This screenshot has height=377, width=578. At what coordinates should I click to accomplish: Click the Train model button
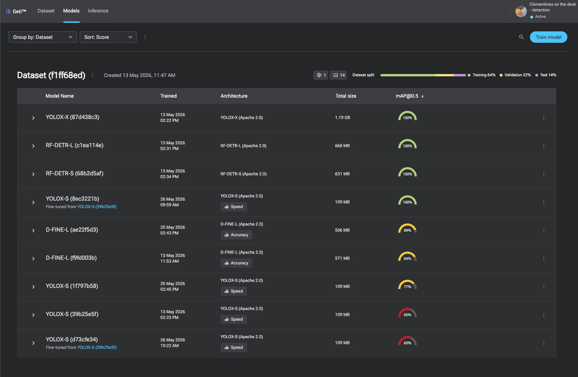[x=548, y=37]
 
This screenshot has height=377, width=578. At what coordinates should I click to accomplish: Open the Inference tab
[x=98, y=11]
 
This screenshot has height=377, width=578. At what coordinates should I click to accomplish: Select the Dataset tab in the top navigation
[x=46, y=11]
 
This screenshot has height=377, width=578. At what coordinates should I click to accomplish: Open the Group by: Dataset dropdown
[x=43, y=37]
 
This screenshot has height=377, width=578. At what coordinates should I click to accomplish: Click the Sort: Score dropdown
[x=108, y=37]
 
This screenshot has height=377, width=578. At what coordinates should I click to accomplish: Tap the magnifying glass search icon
[x=521, y=37]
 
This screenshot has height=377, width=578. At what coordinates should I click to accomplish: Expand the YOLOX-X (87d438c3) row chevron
[x=33, y=118]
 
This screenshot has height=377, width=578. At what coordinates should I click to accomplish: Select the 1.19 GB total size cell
[x=342, y=118]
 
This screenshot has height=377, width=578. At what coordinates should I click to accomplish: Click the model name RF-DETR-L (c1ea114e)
[x=75, y=145]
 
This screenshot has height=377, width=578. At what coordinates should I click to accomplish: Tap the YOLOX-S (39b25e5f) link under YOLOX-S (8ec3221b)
[x=97, y=207]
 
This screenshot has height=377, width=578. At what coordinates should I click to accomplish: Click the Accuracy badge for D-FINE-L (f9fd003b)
[x=236, y=263]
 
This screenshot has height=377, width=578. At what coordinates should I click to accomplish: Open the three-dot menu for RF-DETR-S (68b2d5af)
[x=544, y=174]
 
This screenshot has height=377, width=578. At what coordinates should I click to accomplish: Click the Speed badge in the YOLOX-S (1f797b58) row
[x=233, y=291]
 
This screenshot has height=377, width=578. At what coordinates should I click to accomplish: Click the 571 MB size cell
[x=342, y=258]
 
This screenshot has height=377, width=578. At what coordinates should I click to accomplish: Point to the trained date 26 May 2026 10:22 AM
[x=173, y=343]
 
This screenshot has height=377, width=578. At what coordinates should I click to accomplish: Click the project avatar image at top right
[x=521, y=11]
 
